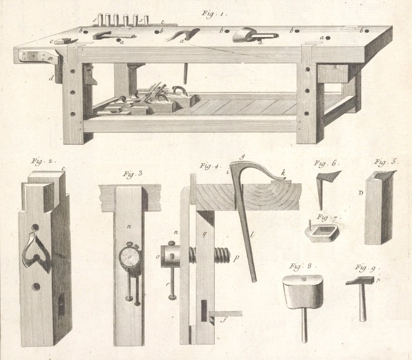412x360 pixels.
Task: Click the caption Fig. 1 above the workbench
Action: click(x=214, y=13)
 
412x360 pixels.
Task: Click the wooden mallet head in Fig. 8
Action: click(x=303, y=292)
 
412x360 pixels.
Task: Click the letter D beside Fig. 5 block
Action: click(x=361, y=193)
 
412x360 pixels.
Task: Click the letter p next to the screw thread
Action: click(x=236, y=259)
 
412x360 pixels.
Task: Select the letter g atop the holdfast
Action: click(x=243, y=157)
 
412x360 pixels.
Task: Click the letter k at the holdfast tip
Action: click(x=283, y=173)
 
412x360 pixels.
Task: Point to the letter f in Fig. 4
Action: click(x=224, y=320)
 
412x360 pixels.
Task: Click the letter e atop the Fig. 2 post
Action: click(x=63, y=169)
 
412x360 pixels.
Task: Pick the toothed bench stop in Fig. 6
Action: click(x=327, y=190)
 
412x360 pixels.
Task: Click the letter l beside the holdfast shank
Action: click(x=252, y=235)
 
